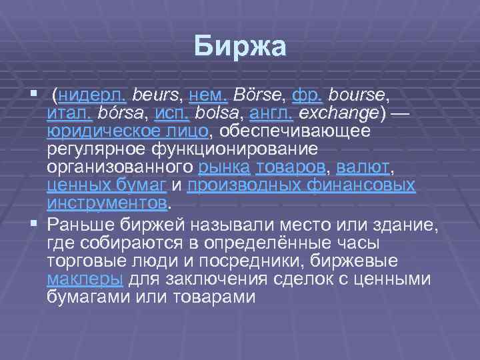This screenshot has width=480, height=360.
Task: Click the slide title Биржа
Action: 240,47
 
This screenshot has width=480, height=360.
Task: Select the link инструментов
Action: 107,201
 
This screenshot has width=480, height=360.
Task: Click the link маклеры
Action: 85,279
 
